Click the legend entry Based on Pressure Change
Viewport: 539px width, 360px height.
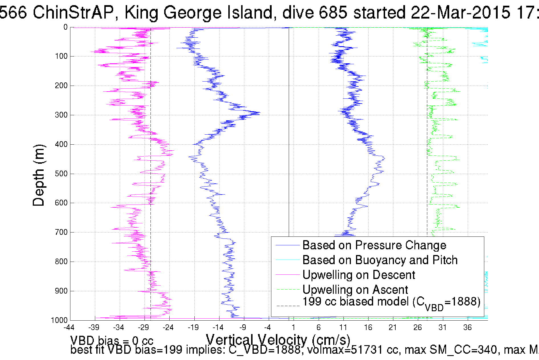pyautogui.click(x=374, y=245)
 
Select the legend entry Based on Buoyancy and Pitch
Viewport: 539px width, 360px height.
pyautogui.click(x=380, y=260)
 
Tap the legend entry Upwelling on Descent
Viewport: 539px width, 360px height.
pyautogui.click(x=358, y=275)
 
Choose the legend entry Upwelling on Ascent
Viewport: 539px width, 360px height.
pyautogui.click(x=355, y=290)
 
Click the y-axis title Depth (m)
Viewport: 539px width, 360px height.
pyautogui.click(x=39, y=175)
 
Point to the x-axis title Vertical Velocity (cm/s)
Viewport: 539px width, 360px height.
pyautogui.click(x=278, y=339)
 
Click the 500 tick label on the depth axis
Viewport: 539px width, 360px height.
pyautogui.click(x=61, y=174)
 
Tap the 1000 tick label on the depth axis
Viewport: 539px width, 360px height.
pyautogui.click(x=59, y=320)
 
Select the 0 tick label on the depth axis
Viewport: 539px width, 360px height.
pyautogui.click(x=66, y=27)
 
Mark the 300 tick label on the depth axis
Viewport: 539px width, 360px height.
pyautogui.click(x=61, y=115)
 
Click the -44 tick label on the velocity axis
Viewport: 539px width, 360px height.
pyautogui.click(x=69, y=327)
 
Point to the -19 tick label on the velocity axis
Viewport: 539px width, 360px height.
pyautogui.click(x=193, y=327)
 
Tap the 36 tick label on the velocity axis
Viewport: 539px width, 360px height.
pyautogui.click(x=467, y=327)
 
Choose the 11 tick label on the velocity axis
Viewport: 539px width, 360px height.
pyautogui.click(x=343, y=327)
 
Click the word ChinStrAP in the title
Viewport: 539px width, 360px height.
pyautogui.click(x=73, y=13)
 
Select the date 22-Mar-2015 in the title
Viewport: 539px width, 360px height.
pyautogui.click(x=460, y=13)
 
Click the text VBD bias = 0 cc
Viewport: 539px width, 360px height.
pyautogui.click(x=112, y=341)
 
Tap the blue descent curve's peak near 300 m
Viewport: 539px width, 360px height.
pyautogui.click(x=259, y=113)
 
